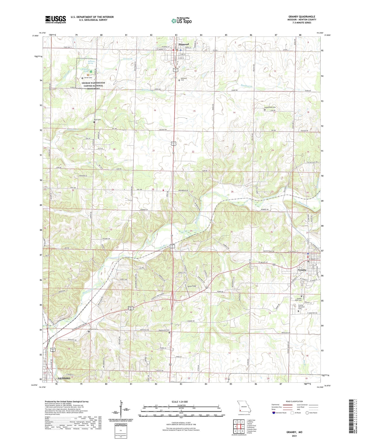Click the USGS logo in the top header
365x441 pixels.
point(55,19)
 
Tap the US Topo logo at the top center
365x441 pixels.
point(181,21)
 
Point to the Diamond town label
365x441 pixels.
point(184,44)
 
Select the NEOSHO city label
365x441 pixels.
point(64,378)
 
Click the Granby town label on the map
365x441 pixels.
point(302,270)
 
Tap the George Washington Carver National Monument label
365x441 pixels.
point(93,86)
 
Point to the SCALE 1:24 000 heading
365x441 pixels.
point(179,402)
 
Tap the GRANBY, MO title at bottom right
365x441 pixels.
point(294,432)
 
